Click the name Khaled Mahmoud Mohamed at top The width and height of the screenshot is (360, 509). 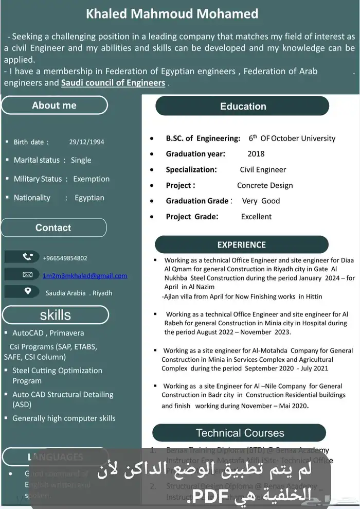point(172,14)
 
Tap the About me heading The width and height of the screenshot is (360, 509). point(54,105)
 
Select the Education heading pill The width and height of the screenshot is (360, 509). point(243,107)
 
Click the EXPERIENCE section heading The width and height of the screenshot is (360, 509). point(241,245)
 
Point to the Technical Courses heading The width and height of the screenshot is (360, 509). point(240,433)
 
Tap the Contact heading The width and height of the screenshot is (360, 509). point(53,227)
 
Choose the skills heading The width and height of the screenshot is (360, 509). point(56,314)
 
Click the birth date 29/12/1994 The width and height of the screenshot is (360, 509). point(86,142)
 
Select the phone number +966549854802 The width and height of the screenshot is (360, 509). point(65,258)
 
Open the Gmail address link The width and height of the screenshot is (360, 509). point(85,275)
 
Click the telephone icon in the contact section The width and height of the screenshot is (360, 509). point(28,257)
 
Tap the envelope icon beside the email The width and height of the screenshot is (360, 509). point(28,275)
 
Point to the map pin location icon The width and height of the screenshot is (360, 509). point(28,291)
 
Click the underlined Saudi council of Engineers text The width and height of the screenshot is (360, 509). point(113,83)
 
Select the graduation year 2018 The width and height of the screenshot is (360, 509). point(256,154)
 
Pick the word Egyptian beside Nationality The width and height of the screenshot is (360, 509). point(89,198)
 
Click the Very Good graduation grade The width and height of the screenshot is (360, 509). point(261,201)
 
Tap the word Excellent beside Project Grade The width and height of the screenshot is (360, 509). point(256,217)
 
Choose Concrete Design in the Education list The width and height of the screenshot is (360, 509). point(265,185)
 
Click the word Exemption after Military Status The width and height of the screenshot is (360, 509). point(92,179)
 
